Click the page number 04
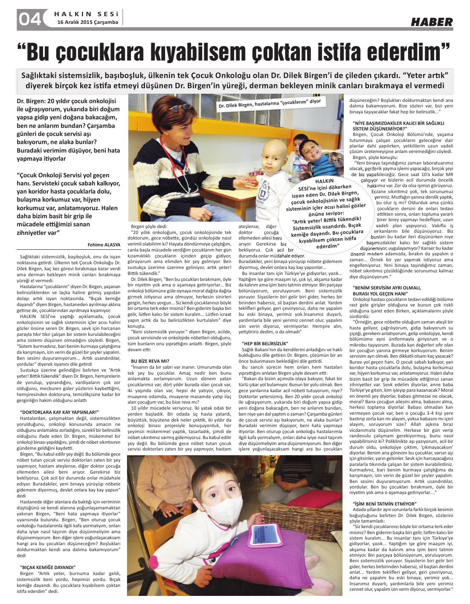pyautogui.click(x=29, y=19)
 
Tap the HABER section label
pyautogui.click(x=431, y=22)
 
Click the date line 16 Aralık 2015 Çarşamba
pyautogui.click(x=87, y=22)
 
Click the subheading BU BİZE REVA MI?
pyautogui.click(x=148, y=361)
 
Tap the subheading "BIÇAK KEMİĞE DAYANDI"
pyautogui.click(x=48, y=567)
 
